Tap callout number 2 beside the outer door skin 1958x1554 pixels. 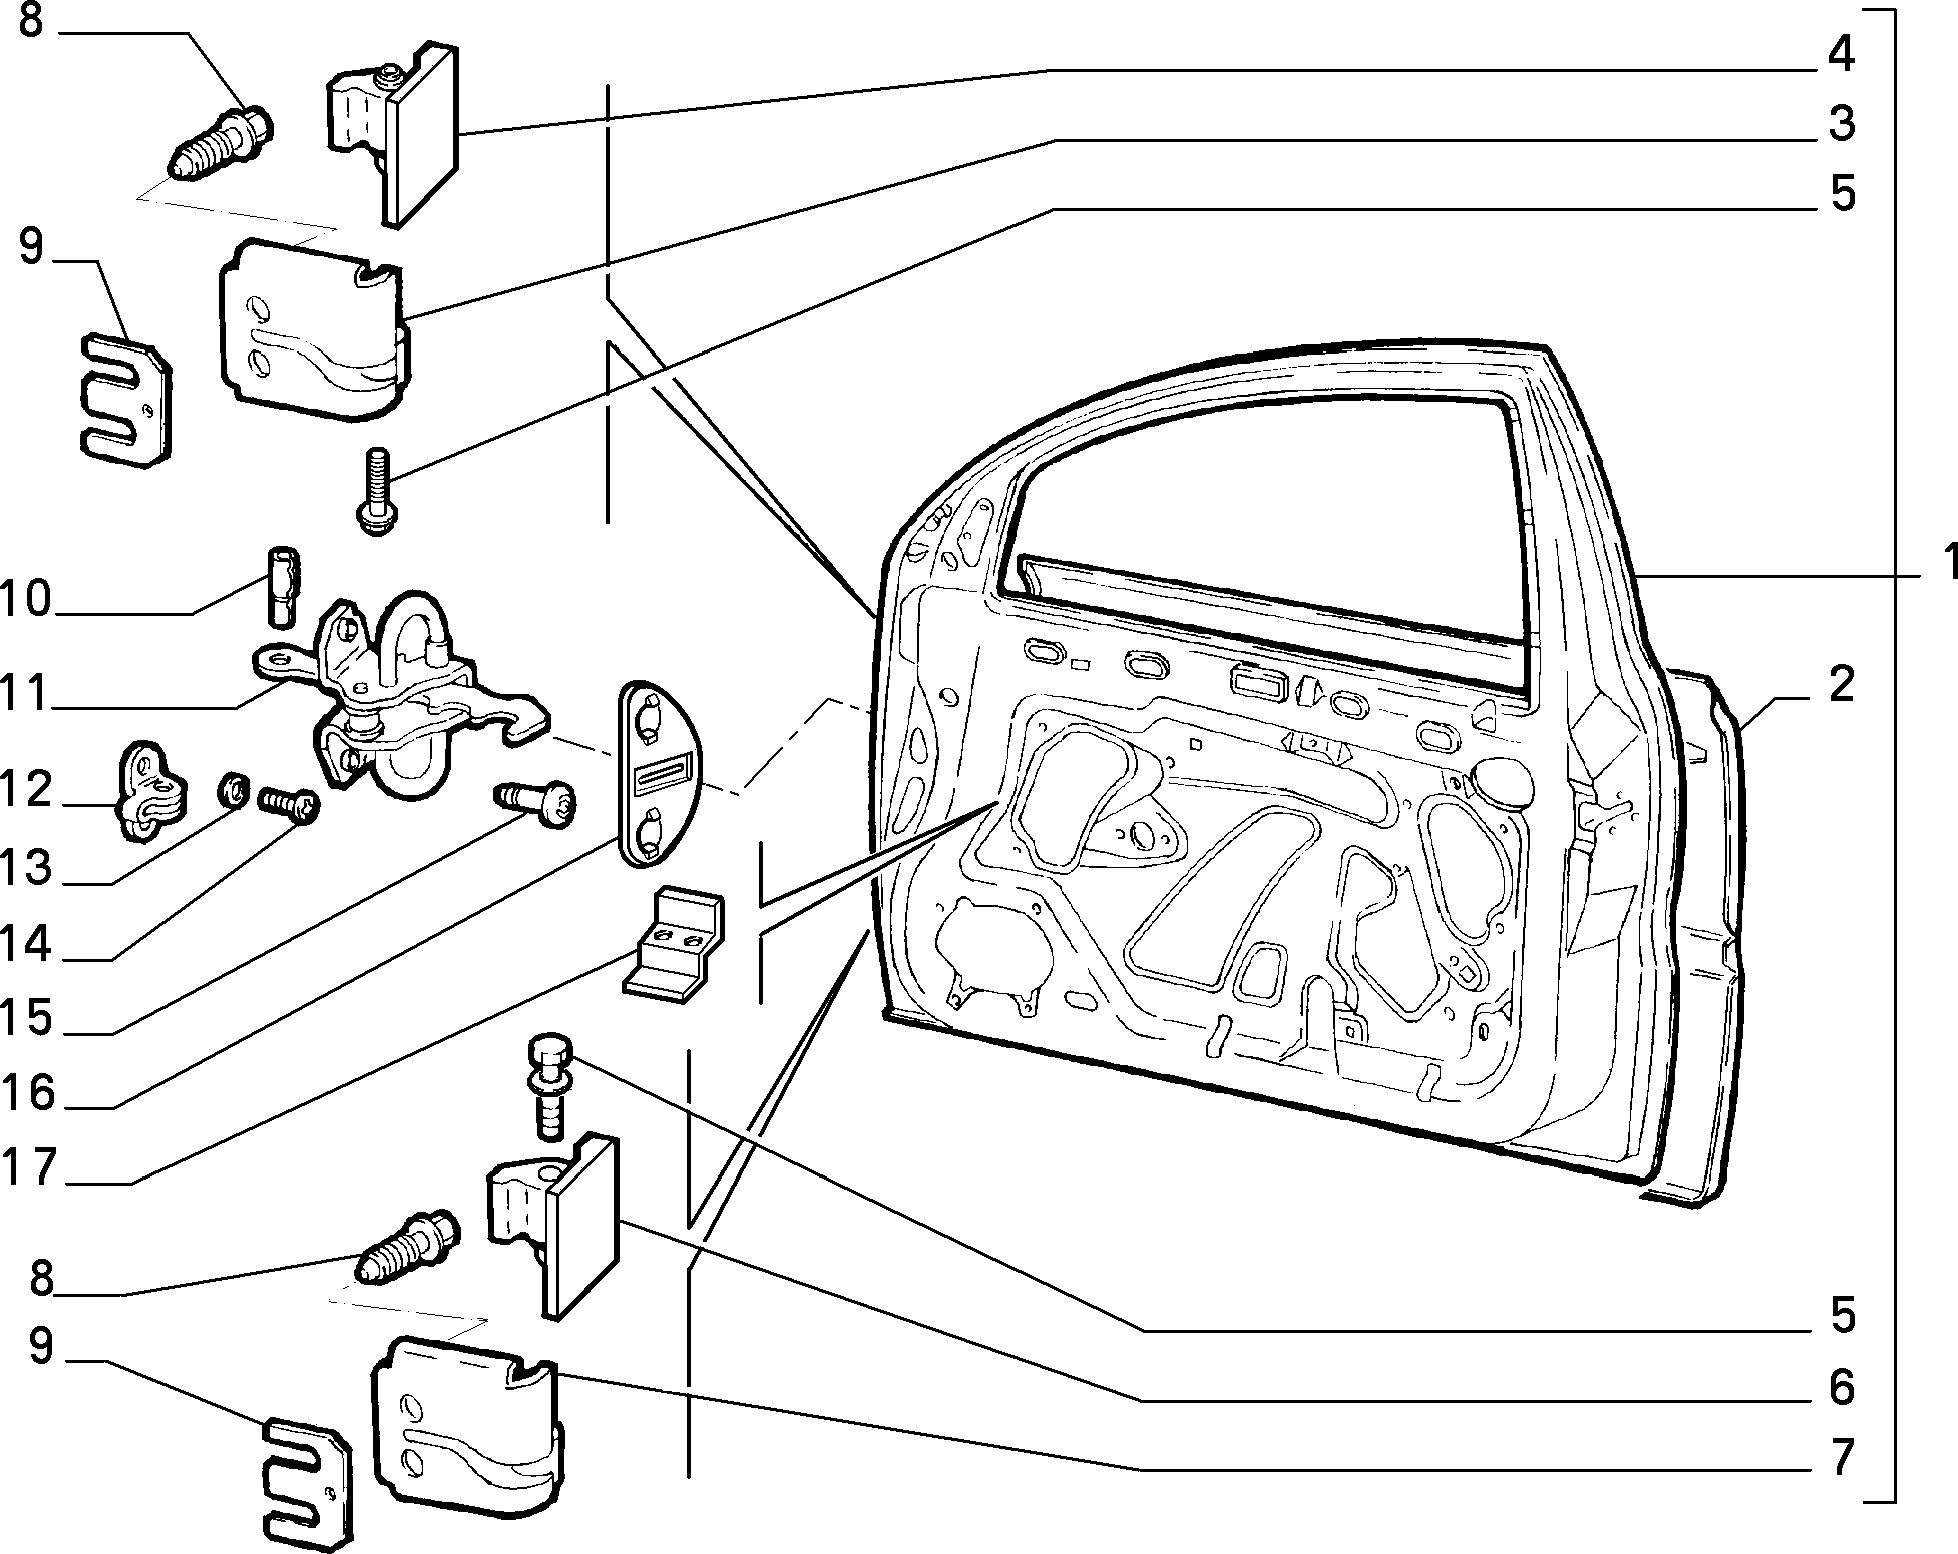(x=1840, y=685)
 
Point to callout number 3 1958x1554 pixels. (x=1841, y=123)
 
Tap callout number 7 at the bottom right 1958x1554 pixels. (x=1841, y=1456)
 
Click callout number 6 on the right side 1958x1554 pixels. (x=1841, y=1387)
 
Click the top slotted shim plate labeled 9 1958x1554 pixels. (x=124, y=401)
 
